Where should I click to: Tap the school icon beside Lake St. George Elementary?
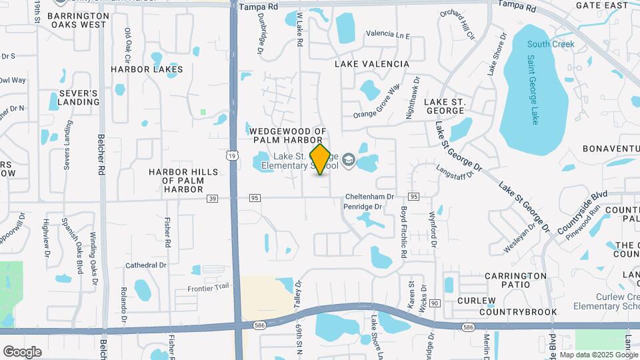coord(349,160)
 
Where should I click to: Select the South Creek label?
coord(550,44)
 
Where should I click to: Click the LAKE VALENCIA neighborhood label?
coord(371,64)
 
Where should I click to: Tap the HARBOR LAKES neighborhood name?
coord(147,69)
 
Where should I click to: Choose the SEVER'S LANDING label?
coord(78,97)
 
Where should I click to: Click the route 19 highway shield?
coord(231,155)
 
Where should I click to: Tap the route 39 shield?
coord(213,197)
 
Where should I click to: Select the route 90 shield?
coord(435,303)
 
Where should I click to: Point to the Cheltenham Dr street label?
coord(370,197)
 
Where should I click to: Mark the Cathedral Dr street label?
coord(145,265)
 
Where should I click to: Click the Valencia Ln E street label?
coord(388,33)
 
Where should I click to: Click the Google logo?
coord(22,351)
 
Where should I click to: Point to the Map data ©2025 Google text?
coord(598,355)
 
